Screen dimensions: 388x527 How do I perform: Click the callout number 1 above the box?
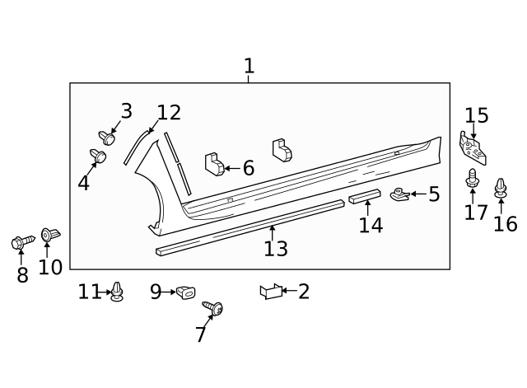249,67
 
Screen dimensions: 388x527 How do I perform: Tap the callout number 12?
169,113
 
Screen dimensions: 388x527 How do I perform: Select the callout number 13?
275,247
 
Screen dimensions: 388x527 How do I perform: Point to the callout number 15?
477,116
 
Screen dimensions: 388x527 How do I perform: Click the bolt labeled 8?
19,243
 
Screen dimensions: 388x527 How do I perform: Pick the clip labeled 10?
49,236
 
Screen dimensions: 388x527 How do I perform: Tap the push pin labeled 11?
118,291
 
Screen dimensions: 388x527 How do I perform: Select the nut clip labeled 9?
184,291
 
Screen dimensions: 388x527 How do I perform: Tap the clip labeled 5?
399,194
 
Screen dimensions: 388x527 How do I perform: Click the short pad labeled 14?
364,196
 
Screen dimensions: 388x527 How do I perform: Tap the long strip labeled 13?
247,227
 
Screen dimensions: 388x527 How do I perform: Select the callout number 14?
371,225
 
